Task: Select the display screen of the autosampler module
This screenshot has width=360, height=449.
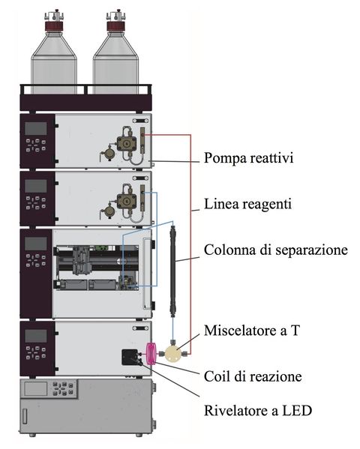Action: pyautogui.click(x=34, y=244)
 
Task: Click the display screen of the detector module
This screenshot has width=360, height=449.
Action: pyautogui.click(x=34, y=335)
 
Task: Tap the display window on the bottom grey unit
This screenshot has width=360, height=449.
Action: pyautogui.click(x=37, y=389)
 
